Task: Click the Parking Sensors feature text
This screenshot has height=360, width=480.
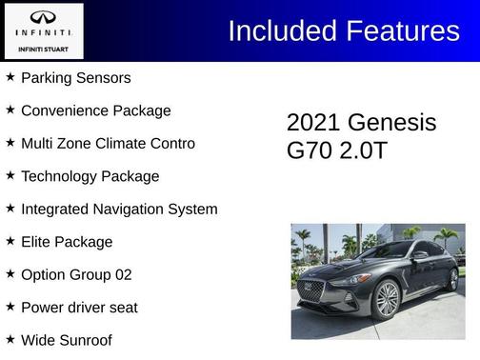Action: pyautogui.click(x=75, y=77)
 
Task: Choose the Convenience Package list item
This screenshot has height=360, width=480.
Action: pyautogui.click(x=95, y=110)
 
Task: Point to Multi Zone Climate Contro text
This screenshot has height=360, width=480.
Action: pyautogui.click(x=108, y=143)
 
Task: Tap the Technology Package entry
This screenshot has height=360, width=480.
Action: pyautogui.click(x=90, y=176)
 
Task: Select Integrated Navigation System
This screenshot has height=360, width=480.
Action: pyautogui.click(x=119, y=209)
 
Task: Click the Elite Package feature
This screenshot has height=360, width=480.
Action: pyautogui.click(x=67, y=242)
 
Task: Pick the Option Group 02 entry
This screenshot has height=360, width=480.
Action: pyautogui.click(x=76, y=274)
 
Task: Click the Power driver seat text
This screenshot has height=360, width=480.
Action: pyautogui.click(x=79, y=308)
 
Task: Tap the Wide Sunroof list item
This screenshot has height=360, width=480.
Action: pyautogui.click(x=66, y=340)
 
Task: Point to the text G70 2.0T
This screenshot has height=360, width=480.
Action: pyautogui.click(x=336, y=151)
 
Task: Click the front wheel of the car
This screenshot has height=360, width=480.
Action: pyautogui.click(x=387, y=299)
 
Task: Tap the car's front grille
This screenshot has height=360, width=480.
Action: pyautogui.click(x=312, y=290)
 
